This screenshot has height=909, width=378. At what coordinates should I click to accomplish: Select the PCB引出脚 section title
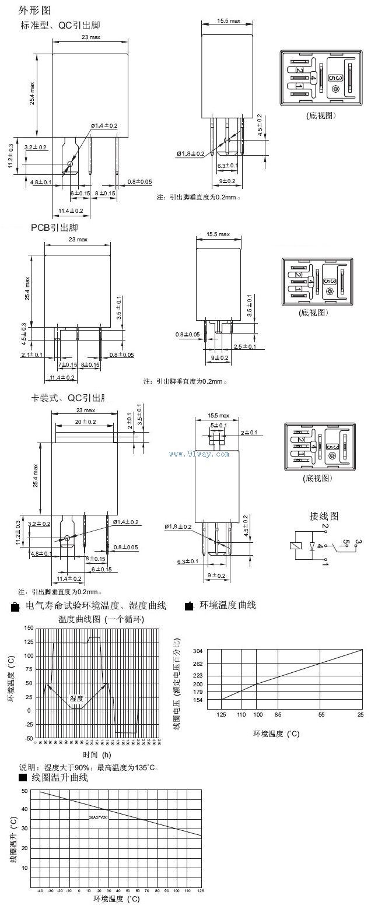(x=54, y=227)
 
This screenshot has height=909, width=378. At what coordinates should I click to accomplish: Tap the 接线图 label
(x=323, y=516)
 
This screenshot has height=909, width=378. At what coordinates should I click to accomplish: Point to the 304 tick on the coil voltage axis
(x=197, y=651)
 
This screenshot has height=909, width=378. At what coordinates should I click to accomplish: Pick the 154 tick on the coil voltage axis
(x=197, y=700)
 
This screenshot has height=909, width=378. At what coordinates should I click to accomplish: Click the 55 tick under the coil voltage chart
(x=321, y=714)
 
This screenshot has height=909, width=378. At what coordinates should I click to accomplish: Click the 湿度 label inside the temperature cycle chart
(x=77, y=698)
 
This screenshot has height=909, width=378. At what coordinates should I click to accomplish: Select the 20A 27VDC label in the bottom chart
(x=99, y=817)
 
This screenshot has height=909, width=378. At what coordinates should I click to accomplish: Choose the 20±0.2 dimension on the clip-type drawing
(x=85, y=422)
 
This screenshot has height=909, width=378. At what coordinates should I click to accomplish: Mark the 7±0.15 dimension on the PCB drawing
(x=67, y=364)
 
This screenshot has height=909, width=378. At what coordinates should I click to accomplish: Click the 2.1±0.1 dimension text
(x=32, y=355)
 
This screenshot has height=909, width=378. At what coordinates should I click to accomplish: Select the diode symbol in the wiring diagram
(x=312, y=547)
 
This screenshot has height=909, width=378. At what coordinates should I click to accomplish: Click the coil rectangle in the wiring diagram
(x=295, y=546)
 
